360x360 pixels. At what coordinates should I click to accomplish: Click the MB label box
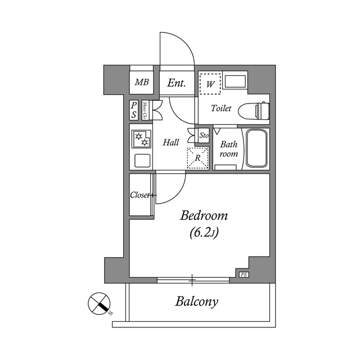point(142,83)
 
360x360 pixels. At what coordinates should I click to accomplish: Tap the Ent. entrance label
point(177,83)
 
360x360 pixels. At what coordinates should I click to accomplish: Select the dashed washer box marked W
point(210,84)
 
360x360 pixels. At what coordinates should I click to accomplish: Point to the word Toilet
point(221,109)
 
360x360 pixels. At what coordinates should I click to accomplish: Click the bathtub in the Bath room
point(257,149)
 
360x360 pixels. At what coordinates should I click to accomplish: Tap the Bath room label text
point(228,149)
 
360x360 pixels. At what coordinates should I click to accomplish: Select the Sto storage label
point(204,136)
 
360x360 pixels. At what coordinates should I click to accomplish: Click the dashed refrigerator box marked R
point(197,158)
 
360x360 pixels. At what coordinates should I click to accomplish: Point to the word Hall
point(171,143)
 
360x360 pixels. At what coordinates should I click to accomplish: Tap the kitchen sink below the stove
point(142,161)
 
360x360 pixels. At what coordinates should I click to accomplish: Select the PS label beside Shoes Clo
point(134,110)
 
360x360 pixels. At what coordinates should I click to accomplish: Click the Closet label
point(141,196)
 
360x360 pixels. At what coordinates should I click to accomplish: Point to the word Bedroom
point(203,216)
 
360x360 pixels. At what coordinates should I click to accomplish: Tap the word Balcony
point(196,301)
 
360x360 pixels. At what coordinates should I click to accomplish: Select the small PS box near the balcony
point(244,274)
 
